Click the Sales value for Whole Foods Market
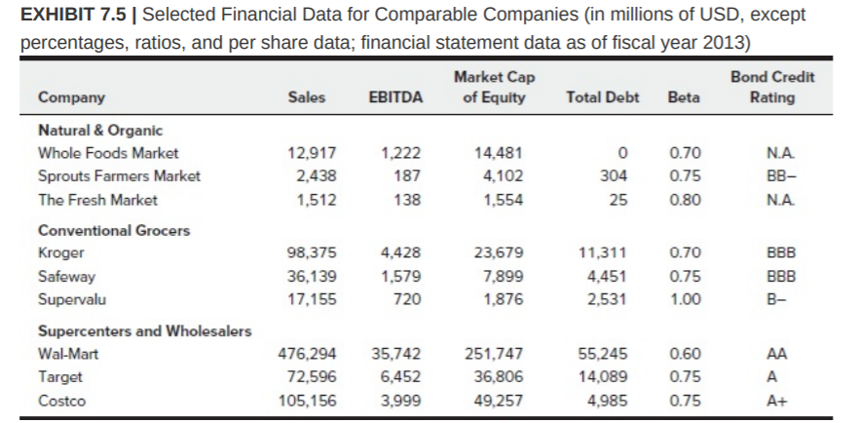pos(314,153)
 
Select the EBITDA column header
pos(396,97)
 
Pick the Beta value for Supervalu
pos(685,300)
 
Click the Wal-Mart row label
pos(67,355)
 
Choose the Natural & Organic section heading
pos(100,130)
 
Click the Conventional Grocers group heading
pos(114,231)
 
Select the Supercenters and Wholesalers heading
pos(144,331)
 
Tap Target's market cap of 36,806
pos(499,378)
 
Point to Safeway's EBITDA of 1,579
pos(400,278)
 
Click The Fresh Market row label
pos(97,200)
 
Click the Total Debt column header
pos(602,97)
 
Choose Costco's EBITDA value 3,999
pos(400,402)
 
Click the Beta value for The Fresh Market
pos(685,200)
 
